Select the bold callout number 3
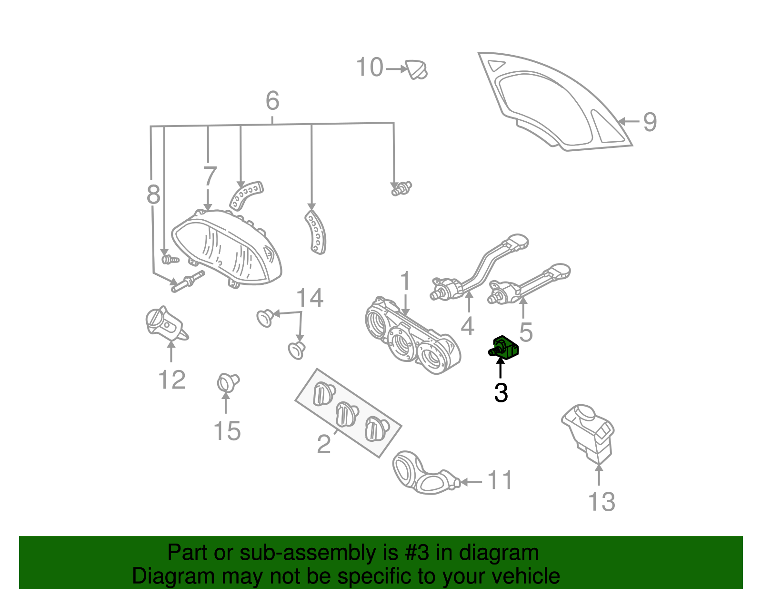pyautogui.click(x=501, y=393)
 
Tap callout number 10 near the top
pyautogui.click(x=370, y=68)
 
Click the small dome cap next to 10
pyautogui.click(x=417, y=69)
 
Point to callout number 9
pyautogui.click(x=650, y=122)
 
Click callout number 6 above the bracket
pyautogui.click(x=272, y=101)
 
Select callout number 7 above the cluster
pyautogui.click(x=210, y=176)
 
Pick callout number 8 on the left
pyautogui.click(x=153, y=195)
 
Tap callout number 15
pyautogui.click(x=227, y=431)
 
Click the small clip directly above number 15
pyautogui.click(x=228, y=382)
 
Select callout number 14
pyautogui.click(x=310, y=298)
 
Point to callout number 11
pyautogui.click(x=500, y=480)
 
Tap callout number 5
pyautogui.click(x=526, y=332)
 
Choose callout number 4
pyautogui.click(x=468, y=326)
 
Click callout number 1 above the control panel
pyautogui.click(x=405, y=281)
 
